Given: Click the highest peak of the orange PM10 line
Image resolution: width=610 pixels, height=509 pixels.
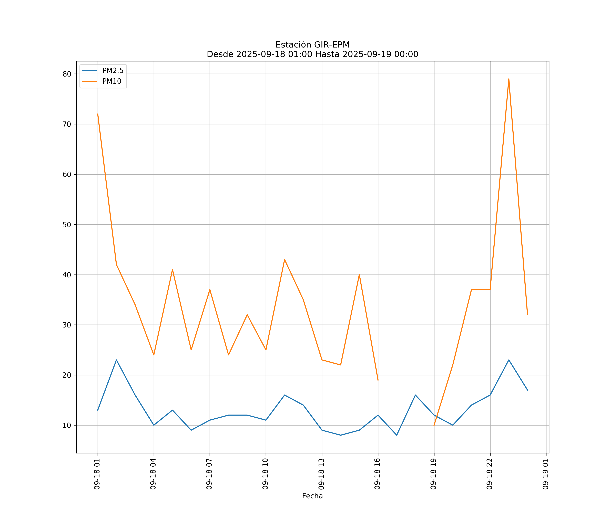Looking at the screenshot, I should (x=509, y=79).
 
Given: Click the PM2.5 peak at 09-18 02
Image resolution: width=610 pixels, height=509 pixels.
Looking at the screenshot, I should (x=116, y=360).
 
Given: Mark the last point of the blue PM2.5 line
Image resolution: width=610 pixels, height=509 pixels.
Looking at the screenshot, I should (x=527, y=390).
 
